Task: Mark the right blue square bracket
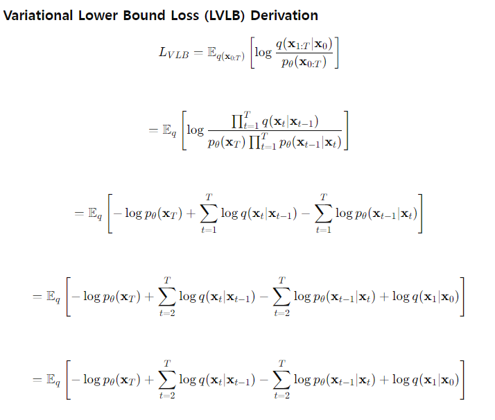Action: tap(346, 132)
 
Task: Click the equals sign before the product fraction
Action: tap(153, 132)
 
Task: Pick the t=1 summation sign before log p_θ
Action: tap(322, 213)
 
